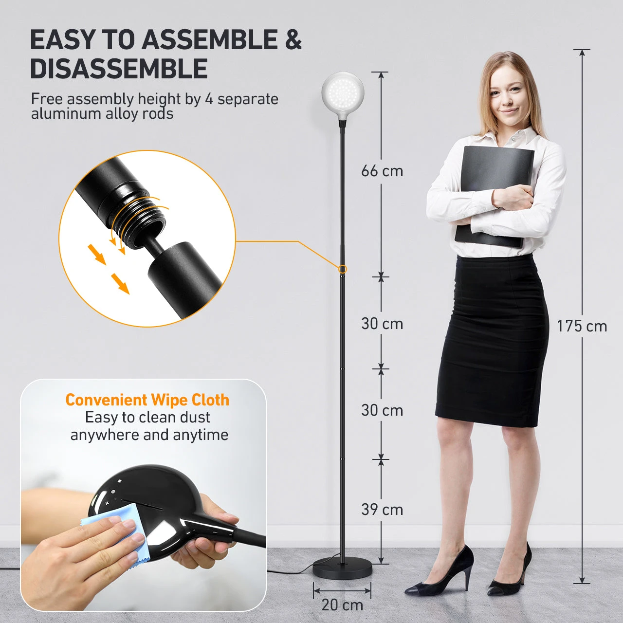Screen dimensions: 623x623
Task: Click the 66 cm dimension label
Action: pos(382,171)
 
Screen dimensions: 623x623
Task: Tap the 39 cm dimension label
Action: pos(382,510)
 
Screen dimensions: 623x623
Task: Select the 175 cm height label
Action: pos(582,326)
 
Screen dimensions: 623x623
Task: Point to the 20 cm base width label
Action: pos(342,605)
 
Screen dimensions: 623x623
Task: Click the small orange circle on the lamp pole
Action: pos(342,269)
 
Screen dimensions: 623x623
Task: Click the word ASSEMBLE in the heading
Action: pos(209,40)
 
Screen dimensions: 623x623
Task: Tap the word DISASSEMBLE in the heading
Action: pos(119,69)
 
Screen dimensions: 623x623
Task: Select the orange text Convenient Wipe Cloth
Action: pos(147,400)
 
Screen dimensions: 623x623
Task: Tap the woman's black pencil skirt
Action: pos(492,339)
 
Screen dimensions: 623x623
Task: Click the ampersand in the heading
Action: pos(293,40)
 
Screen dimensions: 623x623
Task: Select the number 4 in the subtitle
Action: pos(209,99)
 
